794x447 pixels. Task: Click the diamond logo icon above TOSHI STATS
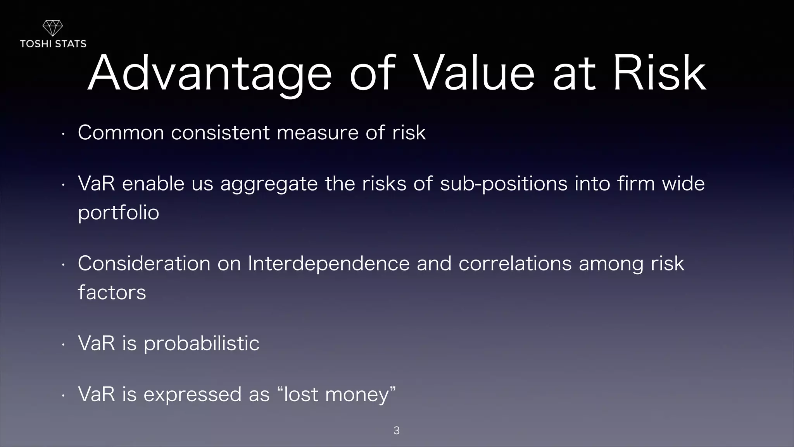point(52,28)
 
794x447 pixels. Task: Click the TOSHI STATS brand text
point(53,44)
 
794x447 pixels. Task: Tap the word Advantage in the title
point(209,74)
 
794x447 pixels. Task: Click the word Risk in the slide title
point(659,74)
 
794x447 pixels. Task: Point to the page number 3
point(396,430)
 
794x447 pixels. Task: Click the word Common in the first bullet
point(121,133)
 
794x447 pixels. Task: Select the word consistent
point(220,133)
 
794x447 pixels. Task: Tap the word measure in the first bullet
point(318,133)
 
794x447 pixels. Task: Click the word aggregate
point(269,184)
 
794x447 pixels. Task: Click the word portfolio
point(118,213)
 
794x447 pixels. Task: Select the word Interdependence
point(328,264)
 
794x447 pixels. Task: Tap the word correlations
point(515,264)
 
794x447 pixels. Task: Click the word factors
point(112,293)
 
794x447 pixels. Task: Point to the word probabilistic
point(201,344)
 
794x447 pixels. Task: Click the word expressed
point(192,395)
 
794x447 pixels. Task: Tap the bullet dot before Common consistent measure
point(63,134)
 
